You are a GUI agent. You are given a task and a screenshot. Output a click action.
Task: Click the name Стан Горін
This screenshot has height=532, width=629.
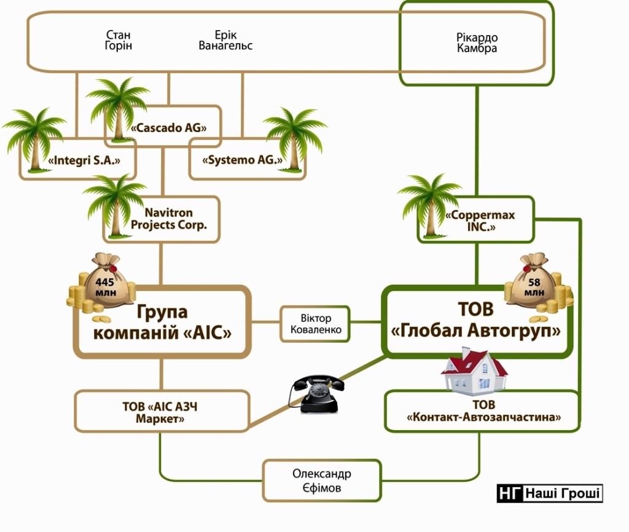point(119,41)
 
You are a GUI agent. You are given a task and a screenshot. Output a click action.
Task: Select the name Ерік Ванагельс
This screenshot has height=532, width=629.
point(225,41)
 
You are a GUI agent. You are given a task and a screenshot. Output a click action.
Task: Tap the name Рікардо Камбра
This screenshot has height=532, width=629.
point(477,43)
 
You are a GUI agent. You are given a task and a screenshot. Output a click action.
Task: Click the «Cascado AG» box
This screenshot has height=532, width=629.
point(168,128)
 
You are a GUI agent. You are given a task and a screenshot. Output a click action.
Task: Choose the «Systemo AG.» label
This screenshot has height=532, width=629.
point(242,161)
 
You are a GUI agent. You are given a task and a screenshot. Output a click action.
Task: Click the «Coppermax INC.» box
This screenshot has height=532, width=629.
point(480,221)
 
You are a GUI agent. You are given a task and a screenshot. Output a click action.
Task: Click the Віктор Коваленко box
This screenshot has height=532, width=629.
point(316,324)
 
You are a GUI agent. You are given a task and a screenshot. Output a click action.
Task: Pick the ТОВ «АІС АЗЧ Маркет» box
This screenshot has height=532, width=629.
point(162,412)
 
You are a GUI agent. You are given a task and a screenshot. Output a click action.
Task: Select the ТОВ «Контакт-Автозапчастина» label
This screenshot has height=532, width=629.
point(483,412)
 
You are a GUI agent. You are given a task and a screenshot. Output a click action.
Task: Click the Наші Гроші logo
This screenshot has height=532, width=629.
point(550,493)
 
